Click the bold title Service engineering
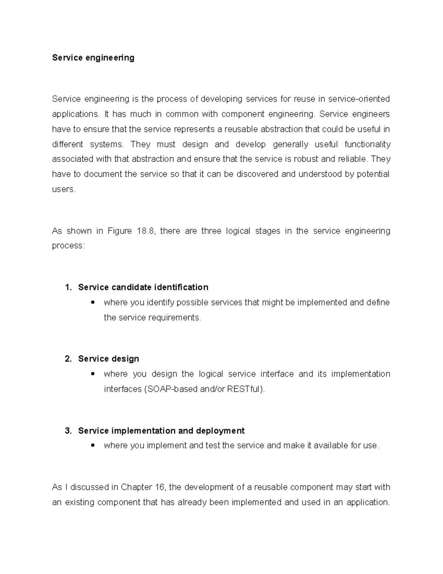pyautogui.click(x=93, y=58)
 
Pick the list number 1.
pyautogui.click(x=68, y=287)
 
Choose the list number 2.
pyautogui.click(x=68, y=359)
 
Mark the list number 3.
pyautogui.click(x=68, y=431)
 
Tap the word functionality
pyautogui.click(x=367, y=144)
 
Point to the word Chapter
pyautogui.click(x=136, y=487)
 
